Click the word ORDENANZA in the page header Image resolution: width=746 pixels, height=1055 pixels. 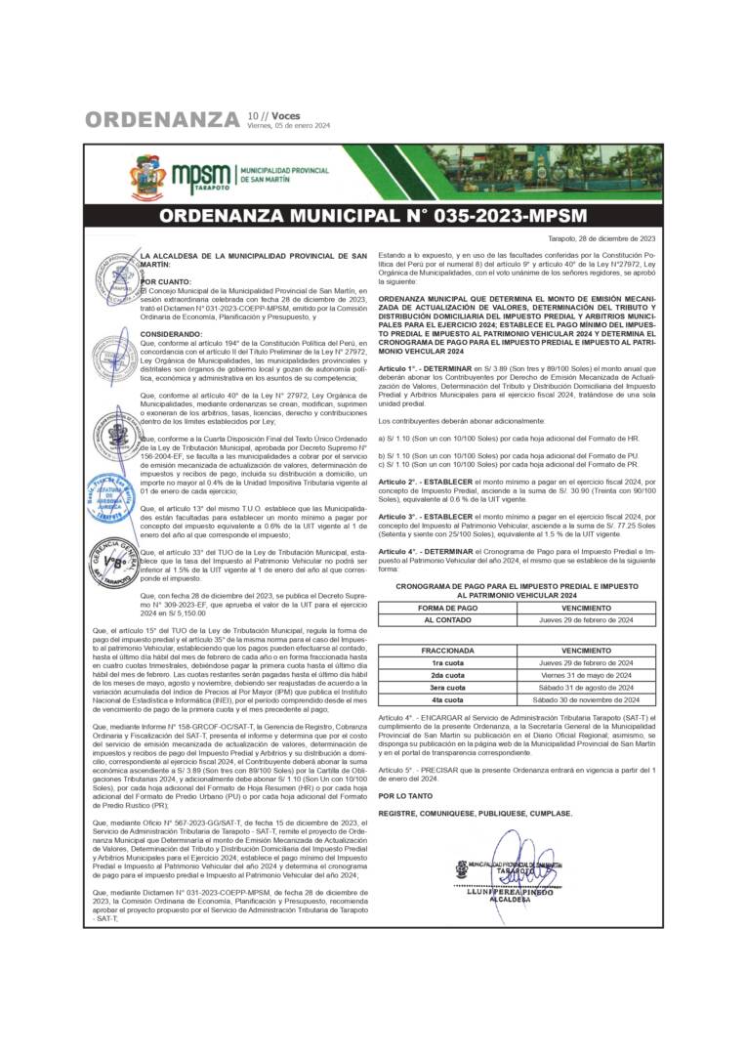click(162, 120)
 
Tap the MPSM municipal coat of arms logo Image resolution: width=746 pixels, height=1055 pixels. click(148, 177)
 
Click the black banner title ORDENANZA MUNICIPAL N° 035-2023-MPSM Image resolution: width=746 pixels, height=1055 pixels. click(373, 216)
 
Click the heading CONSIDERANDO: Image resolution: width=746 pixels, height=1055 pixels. click(172, 333)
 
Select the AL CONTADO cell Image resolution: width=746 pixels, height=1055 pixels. click(448, 620)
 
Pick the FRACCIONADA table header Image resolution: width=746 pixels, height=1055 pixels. click(448, 650)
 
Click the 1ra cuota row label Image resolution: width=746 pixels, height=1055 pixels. click(448, 662)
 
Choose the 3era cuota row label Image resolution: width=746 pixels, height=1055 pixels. click(448, 688)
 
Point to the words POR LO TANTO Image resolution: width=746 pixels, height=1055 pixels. click(404, 796)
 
